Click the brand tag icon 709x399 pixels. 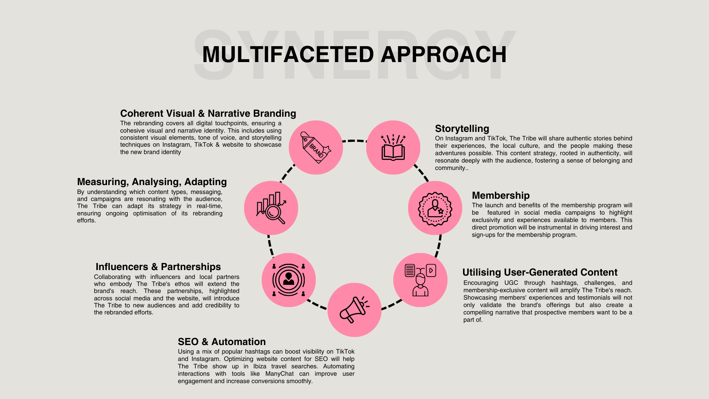point(316,147)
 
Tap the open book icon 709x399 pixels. point(393,148)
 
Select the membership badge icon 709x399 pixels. point(435,208)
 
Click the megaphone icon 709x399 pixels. point(354,310)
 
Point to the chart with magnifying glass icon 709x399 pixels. point(271,208)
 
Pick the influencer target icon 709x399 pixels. point(289,280)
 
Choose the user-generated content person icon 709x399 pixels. point(420,280)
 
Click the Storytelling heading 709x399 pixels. point(462,129)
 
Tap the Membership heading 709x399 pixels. point(501,195)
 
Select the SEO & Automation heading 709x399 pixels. point(222,342)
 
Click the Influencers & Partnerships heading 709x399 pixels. point(158,267)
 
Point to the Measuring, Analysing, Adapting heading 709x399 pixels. point(152,182)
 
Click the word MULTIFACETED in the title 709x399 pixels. point(288,55)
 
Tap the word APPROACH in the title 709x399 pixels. point(443,55)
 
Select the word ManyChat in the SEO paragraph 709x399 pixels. point(280,374)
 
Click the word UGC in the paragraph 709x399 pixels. point(511,283)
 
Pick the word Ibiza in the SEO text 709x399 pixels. point(260,366)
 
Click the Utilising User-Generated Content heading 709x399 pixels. point(540,272)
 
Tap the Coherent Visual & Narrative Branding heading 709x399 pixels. point(208,113)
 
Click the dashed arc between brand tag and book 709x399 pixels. point(354,141)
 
